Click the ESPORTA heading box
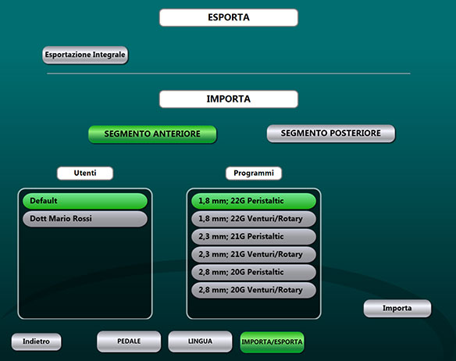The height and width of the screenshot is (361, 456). (229, 17)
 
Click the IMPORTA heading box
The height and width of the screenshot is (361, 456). (229, 99)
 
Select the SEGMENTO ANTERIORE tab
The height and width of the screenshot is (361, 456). (152, 134)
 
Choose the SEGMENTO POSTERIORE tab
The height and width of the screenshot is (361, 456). (331, 134)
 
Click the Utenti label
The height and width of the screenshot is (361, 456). (85, 173)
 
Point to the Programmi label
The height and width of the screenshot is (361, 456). (254, 173)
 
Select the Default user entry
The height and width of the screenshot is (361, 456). (85, 201)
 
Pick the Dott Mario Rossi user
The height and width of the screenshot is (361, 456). (85, 219)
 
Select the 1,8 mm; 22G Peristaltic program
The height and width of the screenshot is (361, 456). (254, 201)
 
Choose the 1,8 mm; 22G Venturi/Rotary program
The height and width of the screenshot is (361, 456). (254, 219)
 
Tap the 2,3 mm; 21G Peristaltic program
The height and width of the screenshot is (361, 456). (254, 237)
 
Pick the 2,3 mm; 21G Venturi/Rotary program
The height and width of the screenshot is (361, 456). (254, 255)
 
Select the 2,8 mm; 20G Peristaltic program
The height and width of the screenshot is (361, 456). (254, 272)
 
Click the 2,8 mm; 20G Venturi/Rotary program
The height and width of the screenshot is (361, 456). (254, 290)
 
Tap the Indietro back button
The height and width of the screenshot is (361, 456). (37, 341)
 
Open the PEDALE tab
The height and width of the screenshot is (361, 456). (129, 341)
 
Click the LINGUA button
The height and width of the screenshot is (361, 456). (200, 341)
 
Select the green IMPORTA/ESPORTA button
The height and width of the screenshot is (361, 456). (273, 342)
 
